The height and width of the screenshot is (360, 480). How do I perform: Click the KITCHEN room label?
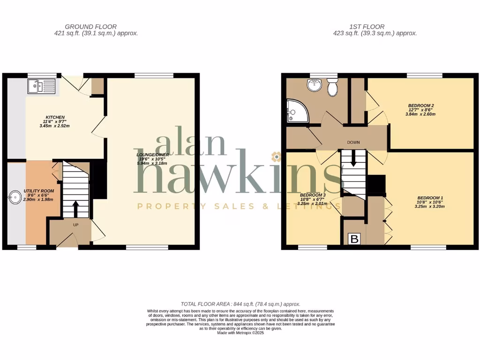55,117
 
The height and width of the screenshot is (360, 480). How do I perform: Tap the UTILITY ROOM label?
39,191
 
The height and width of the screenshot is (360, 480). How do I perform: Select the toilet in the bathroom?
333,87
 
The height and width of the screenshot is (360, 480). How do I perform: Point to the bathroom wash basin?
313,85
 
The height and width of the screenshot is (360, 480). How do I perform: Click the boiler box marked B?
355,240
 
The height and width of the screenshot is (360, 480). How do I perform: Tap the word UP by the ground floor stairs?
75,225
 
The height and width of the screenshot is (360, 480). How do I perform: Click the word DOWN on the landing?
353,142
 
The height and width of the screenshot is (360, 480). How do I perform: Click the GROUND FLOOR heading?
91,27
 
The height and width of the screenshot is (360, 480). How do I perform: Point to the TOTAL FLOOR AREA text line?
240,304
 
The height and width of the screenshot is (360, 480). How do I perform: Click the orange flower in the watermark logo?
277,156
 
